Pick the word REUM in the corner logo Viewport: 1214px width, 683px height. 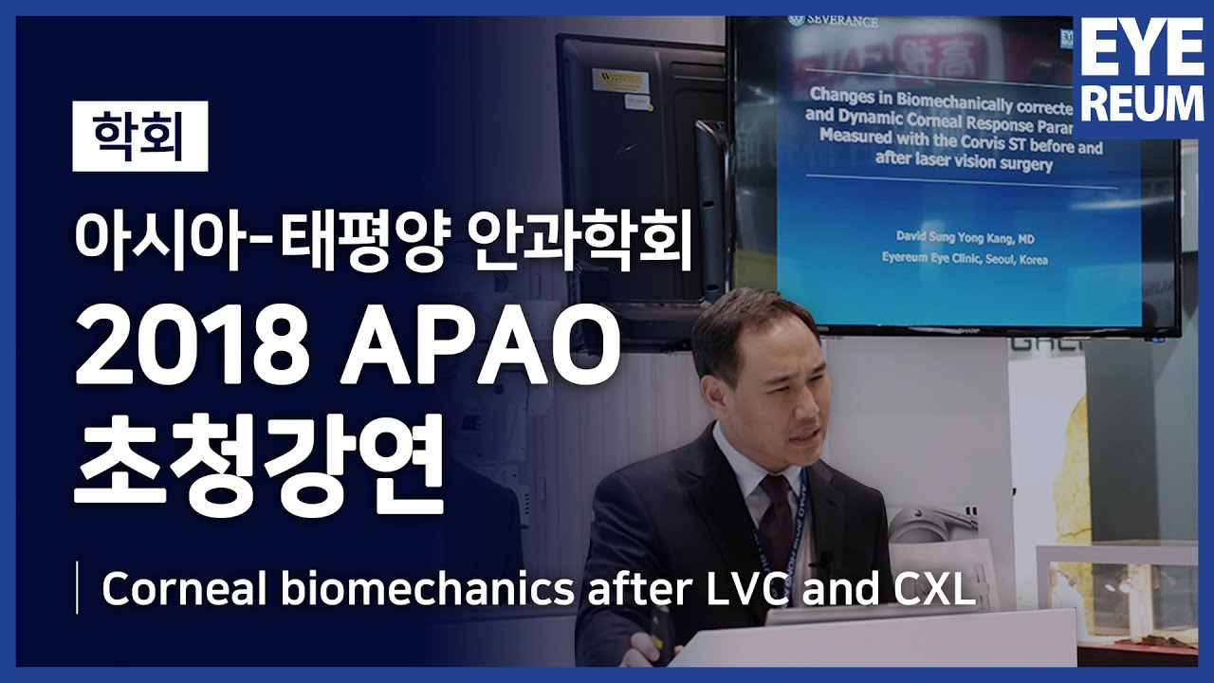point(1143,103)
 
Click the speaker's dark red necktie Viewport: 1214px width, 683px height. point(776,522)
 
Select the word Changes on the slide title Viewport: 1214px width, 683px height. point(840,95)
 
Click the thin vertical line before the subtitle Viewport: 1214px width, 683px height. point(77,589)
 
